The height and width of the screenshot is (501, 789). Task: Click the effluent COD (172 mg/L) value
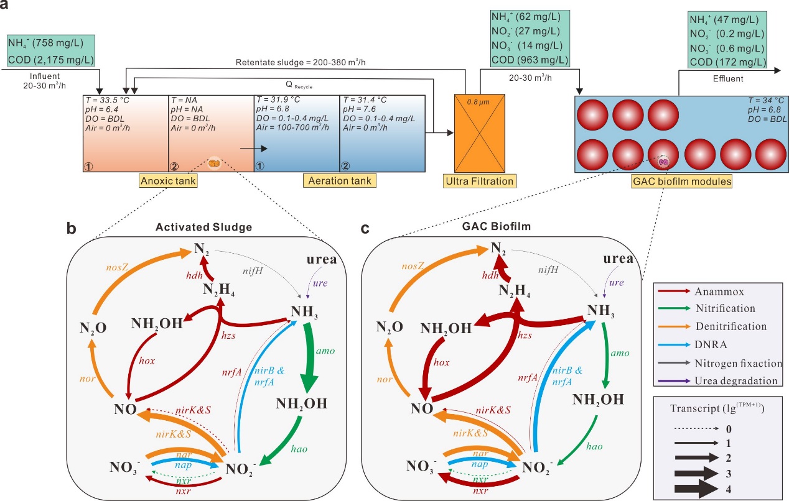pyautogui.click(x=727, y=62)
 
